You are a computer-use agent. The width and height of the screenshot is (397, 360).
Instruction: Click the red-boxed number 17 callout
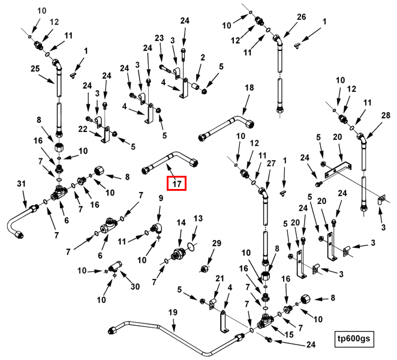pyautogui.click(x=176, y=183)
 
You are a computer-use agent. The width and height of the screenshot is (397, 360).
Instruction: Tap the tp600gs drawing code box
pyautogui.click(x=354, y=339)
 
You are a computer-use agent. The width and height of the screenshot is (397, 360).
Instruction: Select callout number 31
pyautogui.click(x=21, y=183)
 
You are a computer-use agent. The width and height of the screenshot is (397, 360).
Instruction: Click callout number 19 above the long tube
pyautogui.click(x=173, y=313)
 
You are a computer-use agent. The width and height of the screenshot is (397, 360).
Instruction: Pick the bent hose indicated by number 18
pyautogui.click(x=226, y=128)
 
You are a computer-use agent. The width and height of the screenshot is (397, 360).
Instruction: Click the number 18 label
pyautogui.click(x=249, y=88)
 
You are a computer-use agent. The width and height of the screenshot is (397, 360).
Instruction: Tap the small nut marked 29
pyautogui.click(x=204, y=268)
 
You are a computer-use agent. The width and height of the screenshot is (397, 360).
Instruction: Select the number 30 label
pyautogui.click(x=135, y=286)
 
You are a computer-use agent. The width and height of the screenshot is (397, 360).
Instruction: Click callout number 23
pyautogui.click(x=160, y=38)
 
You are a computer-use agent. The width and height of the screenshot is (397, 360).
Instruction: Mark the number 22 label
pyautogui.click(x=83, y=129)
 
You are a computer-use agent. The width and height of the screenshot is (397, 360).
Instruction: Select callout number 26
pyautogui.click(x=301, y=17)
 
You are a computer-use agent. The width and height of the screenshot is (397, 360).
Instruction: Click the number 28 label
pyautogui.click(x=386, y=116)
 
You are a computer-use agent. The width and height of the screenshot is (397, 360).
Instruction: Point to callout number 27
pyautogui.click(x=271, y=163)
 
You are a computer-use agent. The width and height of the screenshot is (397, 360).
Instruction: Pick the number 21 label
pyautogui.click(x=219, y=278)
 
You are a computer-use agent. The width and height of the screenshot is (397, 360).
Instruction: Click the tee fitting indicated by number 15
pyautogui.click(x=264, y=321)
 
